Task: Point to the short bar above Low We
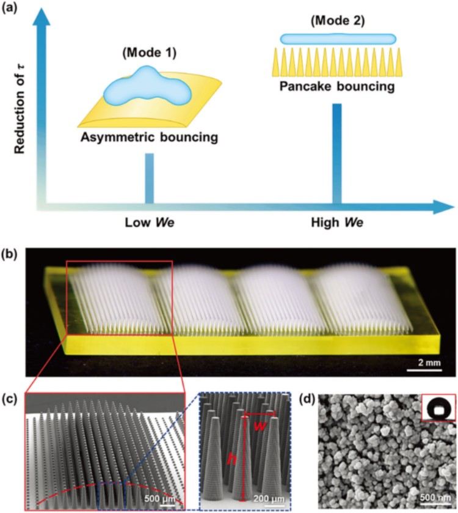click(x=150, y=178)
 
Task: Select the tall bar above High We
click(x=336, y=153)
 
